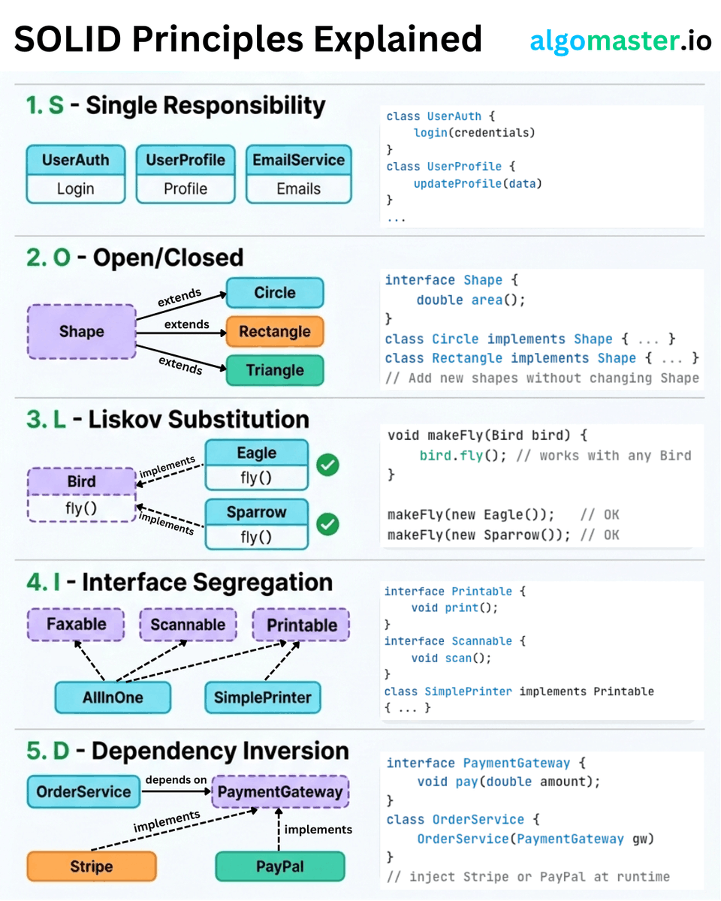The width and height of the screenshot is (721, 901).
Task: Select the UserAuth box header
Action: [x=76, y=160]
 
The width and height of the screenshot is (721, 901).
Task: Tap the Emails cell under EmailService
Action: [x=299, y=188]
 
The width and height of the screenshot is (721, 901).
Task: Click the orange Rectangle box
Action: [x=275, y=331]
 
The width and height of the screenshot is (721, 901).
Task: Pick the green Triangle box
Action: [x=275, y=370]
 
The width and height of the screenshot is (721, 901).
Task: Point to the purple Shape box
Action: [x=82, y=331]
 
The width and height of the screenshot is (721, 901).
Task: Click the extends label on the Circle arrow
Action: [x=179, y=297]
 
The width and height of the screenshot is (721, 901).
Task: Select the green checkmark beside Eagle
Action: [x=327, y=465]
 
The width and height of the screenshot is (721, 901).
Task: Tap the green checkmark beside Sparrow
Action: [x=327, y=524]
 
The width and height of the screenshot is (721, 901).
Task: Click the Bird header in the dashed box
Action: [x=82, y=481]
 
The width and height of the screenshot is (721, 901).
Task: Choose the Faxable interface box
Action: [x=77, y=624]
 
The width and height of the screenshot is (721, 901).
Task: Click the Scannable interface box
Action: [x=188, y=624]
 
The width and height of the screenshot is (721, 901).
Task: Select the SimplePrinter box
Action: [x=263, y=698]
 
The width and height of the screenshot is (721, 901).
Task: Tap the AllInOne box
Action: [x=113, y=698]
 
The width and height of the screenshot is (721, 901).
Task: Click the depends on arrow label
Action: [x=176, y=779]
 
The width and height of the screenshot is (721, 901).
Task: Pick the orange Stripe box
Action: [x=92, y=866]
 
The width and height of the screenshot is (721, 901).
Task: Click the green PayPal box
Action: [x=280, y=866]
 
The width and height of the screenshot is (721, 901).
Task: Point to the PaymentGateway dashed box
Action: [x=280, y=791]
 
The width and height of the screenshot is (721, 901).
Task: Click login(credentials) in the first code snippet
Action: [x=474, y=133]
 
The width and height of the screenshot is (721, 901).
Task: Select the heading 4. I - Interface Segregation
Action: [x=179, y=583]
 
